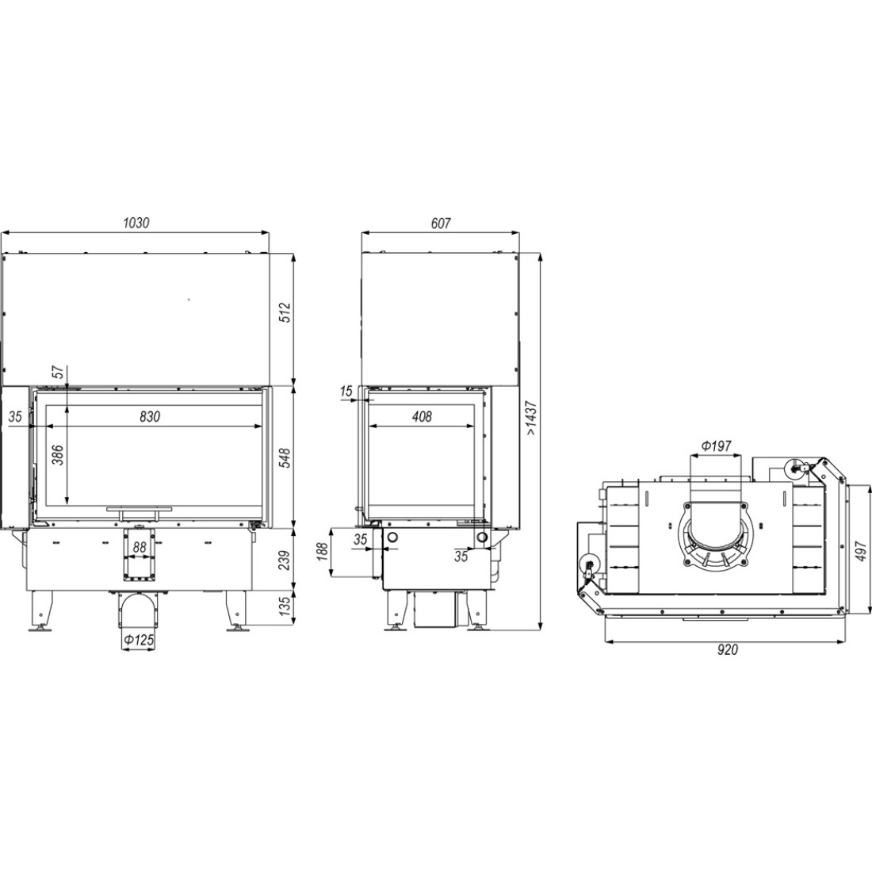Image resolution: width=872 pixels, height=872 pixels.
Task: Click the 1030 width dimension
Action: (136, 223)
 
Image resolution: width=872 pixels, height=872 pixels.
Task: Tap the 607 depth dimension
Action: (440, 223)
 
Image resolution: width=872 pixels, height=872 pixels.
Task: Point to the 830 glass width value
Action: (149, 416)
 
